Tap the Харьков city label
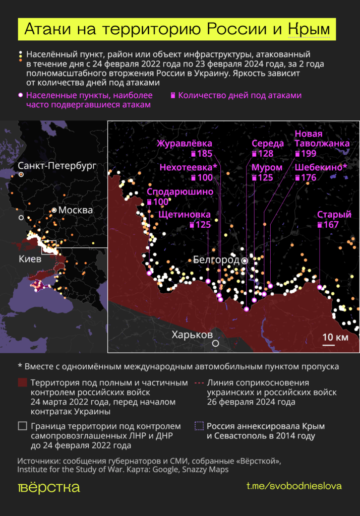coord(192,335)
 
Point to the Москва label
coord(76,210)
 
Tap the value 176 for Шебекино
coord(308,177)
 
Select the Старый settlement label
coord(334,215)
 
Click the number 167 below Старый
coord(331,225)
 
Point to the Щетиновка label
coord(185,215)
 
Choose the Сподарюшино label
coord(179,192)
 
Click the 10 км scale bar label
coord(335,337)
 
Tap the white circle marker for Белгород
coord(245,261)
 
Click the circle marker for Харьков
coord(215,343)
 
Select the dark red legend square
coord(22,383)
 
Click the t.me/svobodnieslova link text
coord(293,486)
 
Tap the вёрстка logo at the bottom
coord(48,487)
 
